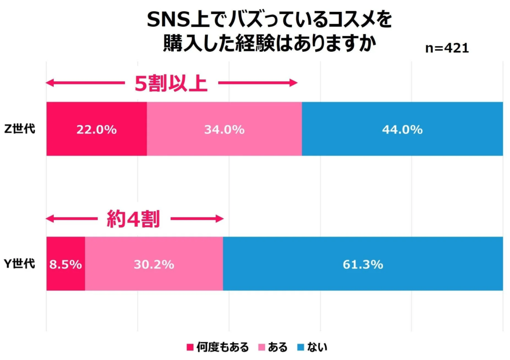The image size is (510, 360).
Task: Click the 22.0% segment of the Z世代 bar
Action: click(96, 129)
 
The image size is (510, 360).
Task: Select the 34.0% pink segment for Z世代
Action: click(224, 129)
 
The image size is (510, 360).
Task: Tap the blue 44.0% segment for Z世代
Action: click(402, 129)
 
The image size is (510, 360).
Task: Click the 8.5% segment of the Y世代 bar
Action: click(65, 264)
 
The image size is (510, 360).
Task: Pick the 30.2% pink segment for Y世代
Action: click(154, 264)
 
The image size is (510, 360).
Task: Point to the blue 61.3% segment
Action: click(363, 264)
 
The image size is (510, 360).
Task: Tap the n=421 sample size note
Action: click(447, 48)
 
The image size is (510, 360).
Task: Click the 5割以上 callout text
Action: click(171, 84)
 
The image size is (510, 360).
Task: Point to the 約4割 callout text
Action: click(133, 219)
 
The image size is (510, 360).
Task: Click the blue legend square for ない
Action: click(300, 347)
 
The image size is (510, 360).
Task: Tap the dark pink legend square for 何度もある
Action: click(189, 347)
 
